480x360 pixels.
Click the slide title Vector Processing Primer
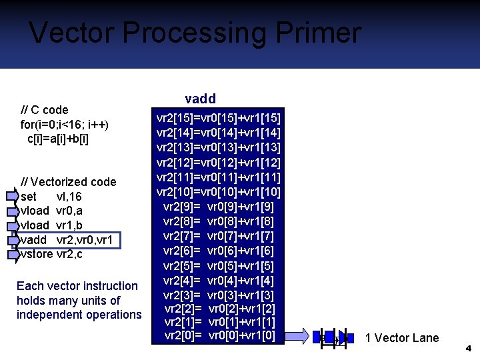195,33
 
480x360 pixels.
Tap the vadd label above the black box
200,99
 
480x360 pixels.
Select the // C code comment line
45,109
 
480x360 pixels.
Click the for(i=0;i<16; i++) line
65,124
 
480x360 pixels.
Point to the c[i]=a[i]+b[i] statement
58,139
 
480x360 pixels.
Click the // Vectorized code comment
69,182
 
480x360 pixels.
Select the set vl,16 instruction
51,197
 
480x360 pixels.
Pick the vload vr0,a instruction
52,211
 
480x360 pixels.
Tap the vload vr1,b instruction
52,225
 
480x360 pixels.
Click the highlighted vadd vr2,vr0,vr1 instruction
67,240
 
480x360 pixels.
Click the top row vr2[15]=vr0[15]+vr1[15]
219,118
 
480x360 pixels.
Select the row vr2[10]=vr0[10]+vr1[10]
219,192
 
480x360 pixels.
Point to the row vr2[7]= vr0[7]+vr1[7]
219,236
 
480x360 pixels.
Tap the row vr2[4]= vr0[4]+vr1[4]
219,280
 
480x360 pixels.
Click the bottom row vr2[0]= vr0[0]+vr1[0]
219,335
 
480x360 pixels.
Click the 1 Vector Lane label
402,338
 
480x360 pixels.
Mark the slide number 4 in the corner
469,348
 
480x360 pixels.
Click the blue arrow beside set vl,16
13,197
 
